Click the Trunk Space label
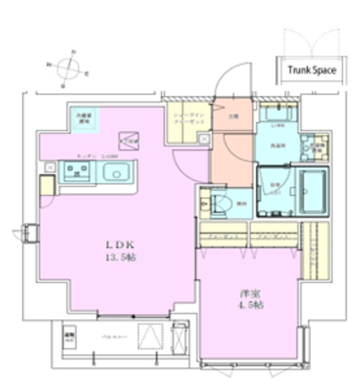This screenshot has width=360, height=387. [x=312, y=70]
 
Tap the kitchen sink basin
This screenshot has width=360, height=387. [x=116, y=173]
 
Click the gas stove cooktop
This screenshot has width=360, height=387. [x=77, y=172]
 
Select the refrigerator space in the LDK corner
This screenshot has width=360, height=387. [x=82, y=119]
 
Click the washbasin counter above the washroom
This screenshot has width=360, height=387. [x=278, y=114]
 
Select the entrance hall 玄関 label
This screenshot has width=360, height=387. [x=232, y=116]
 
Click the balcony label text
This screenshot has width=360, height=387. [x=110, y=337]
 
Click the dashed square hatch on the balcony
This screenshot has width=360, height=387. [x=149, y=337]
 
